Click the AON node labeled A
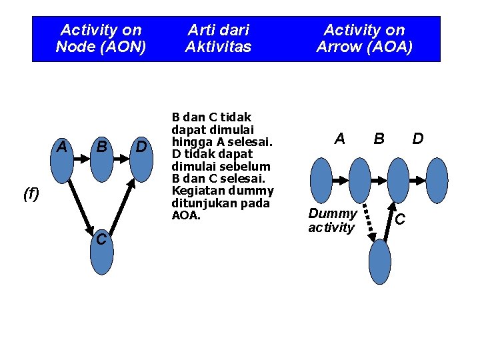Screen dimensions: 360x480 tap(61, 160)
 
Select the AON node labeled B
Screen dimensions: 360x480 tap(102, 160)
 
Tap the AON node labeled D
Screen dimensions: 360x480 tap(142, 160)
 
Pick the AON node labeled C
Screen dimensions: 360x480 tap(102, 253)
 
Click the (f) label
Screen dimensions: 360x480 tap(31, 194)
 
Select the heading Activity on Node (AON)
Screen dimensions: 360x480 tap(101, 39)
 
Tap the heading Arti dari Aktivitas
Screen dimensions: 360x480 tap(219, 39)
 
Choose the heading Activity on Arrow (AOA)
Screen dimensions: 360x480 tap(364, 39)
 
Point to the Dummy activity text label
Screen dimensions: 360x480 tap(332, 221)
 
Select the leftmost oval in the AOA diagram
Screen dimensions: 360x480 tap(321, 180)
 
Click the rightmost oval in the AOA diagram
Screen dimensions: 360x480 tap(437, 180)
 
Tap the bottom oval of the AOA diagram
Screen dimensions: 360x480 tap(379, 261)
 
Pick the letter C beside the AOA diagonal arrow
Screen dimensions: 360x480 tap(400, 218)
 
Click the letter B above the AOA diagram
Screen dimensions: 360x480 tap(379, 139)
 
